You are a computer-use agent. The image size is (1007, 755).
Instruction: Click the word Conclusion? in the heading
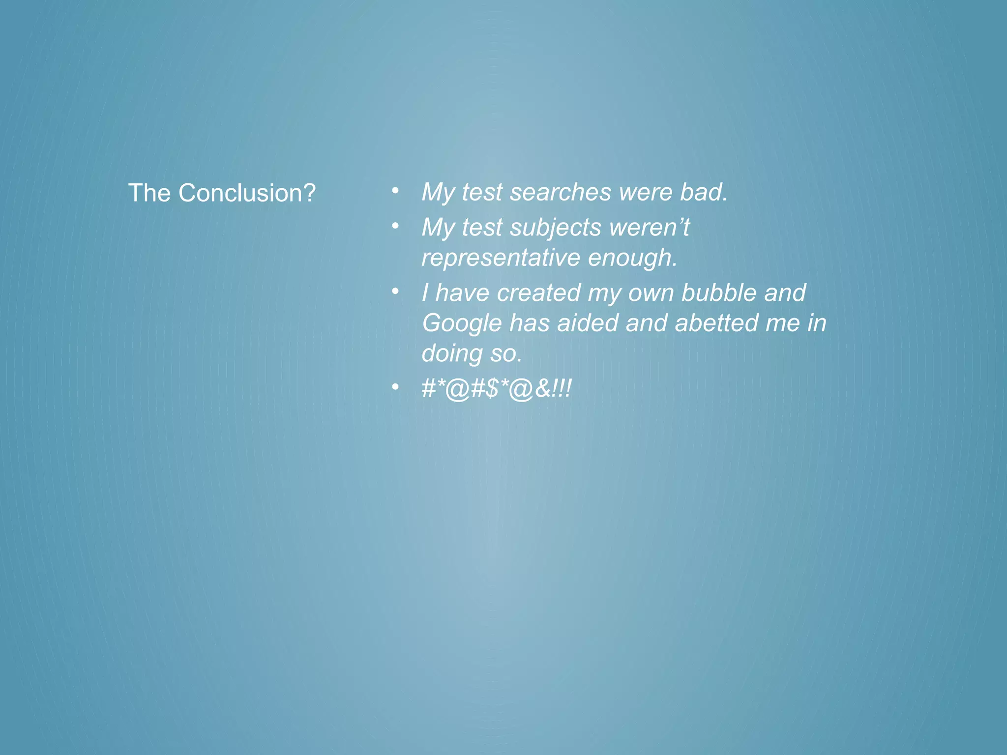pyautogui.click(x=246, y=193)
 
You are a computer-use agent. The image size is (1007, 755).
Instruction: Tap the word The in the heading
pyautogui.click(x=149, y=193)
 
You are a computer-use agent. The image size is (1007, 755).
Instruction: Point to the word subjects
pyautogui.click(x=556, y=228)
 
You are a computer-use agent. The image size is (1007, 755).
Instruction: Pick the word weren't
pyautogui.click(x=649, y=228)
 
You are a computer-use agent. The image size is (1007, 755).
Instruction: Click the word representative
pyautogui.click(x=501, y=258)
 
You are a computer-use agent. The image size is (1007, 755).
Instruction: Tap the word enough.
pyautogui.click(x=633, y=258)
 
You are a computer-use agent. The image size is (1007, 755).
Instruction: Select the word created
pyautogui.click(x=539, y=293)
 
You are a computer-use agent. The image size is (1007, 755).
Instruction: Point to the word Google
pyautogui.click(x=461, y=323)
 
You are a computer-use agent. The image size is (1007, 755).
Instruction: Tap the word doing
pyautogui.click(x=452, y=354)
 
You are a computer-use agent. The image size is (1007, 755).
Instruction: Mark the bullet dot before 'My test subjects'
pyautogui.click(x=395, y=226)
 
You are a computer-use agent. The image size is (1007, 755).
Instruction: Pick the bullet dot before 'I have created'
pyautogui.click(x=395, y=291)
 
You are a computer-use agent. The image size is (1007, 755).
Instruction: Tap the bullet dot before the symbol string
pyautogui.click(x=395, y=387)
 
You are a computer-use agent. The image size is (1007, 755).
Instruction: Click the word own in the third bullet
pyautogui.click(x=650, y=293)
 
